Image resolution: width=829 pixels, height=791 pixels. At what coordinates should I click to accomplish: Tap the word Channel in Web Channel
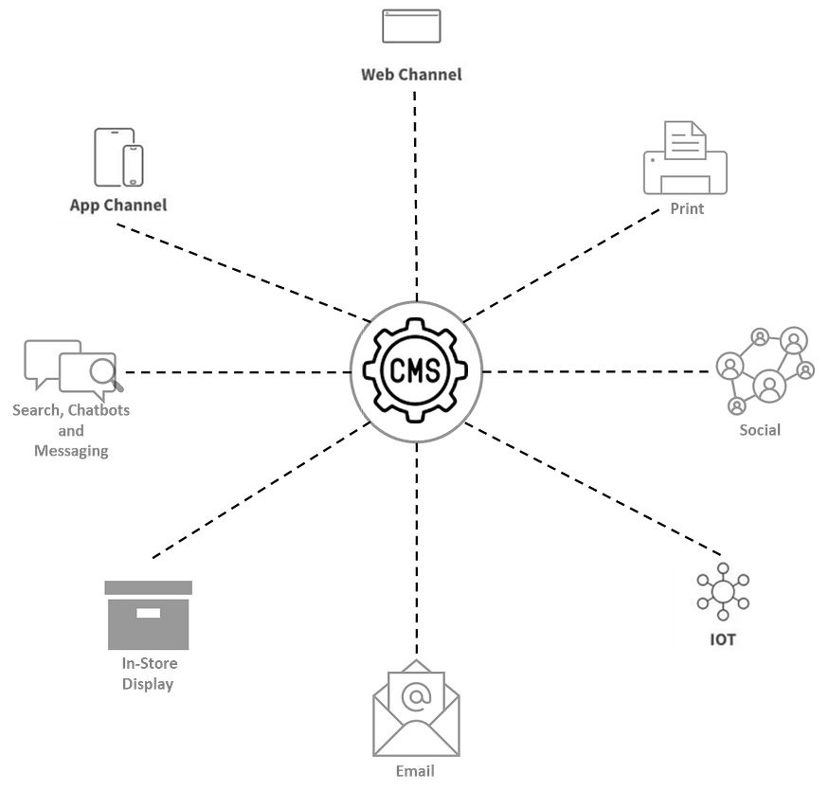430,74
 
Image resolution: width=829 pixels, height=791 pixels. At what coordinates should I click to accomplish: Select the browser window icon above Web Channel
411,27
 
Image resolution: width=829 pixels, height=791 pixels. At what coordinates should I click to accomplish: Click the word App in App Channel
86,205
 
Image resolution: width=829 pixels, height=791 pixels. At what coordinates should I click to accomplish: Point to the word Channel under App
136,205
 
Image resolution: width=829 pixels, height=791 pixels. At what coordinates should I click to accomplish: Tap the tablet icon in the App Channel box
111,156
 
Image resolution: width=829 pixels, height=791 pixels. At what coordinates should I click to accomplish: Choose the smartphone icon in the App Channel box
134,166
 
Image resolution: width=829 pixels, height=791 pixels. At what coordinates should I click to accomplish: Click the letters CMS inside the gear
414,370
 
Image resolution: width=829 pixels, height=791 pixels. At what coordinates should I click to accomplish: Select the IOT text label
722,639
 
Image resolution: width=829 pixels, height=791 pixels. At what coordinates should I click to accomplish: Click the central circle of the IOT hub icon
722,592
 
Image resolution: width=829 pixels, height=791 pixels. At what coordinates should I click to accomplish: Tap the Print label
687,208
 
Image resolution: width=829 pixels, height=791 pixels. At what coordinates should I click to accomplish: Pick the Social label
760,430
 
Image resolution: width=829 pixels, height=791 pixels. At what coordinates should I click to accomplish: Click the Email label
414,771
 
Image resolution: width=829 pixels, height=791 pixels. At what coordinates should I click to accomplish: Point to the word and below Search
71,431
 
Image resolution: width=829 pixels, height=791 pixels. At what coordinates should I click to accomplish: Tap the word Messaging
71,452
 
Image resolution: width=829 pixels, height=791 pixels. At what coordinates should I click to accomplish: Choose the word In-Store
149,663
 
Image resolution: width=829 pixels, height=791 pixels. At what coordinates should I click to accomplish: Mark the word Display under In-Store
148,684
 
